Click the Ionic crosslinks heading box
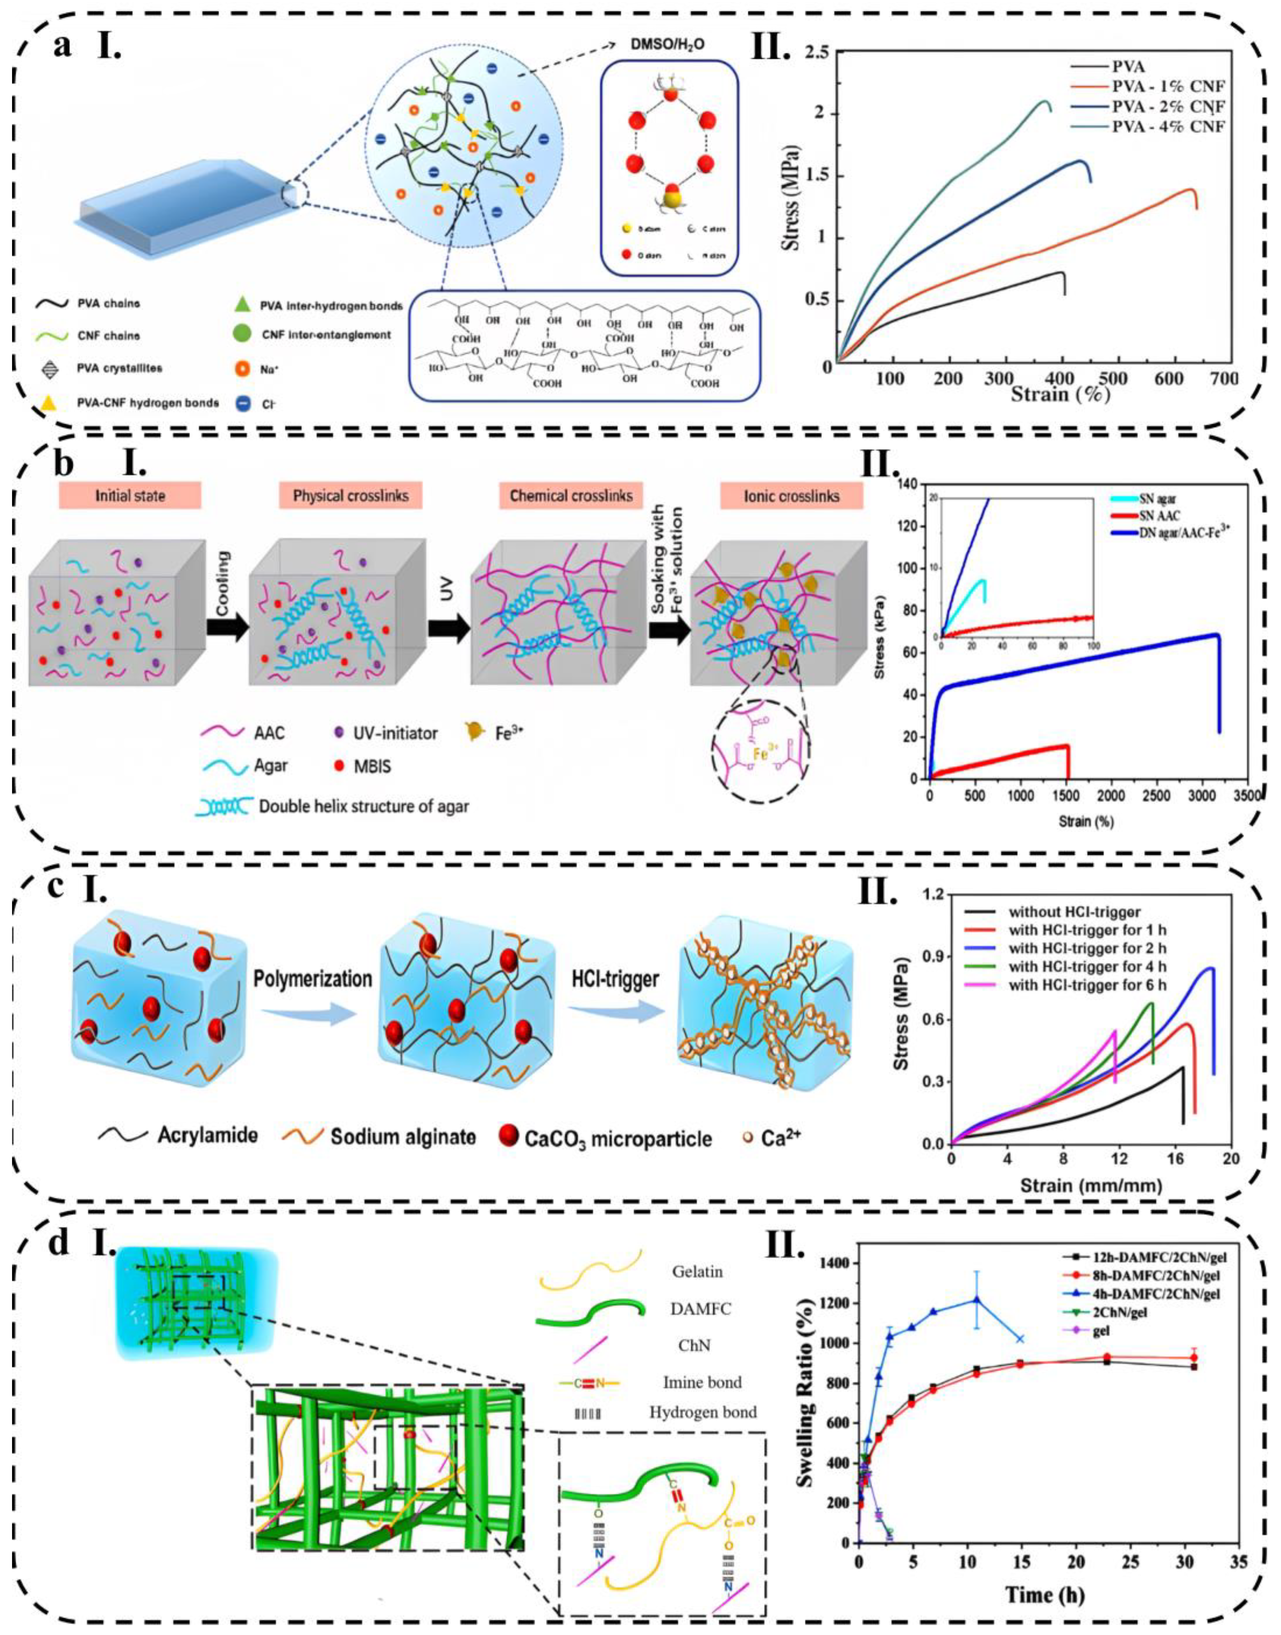(791, 496)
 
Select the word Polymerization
(313, 980)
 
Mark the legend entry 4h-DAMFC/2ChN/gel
(1151, 1294)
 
